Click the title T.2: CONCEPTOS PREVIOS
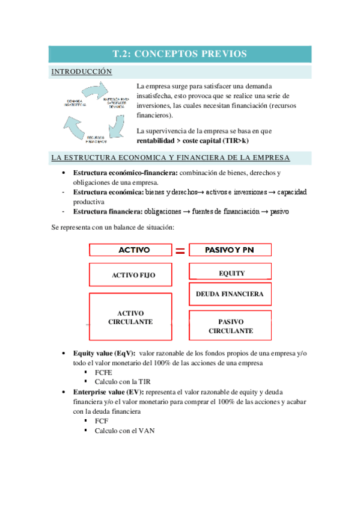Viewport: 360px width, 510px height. coord(180,54)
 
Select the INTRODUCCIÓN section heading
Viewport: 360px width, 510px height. coord(82,72)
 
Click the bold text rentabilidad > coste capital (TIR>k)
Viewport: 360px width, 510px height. coord(192,141)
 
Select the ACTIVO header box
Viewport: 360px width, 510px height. coord(130,250)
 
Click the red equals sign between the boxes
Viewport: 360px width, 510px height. coord(180,251)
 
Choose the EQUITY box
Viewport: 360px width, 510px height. coord(231,273)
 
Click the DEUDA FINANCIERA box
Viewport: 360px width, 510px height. coord(230,294)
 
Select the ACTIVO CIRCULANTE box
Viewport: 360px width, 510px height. coord(130,318)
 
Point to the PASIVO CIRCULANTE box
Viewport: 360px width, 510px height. coord(230,326)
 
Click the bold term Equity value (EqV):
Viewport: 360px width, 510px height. coord(104,354)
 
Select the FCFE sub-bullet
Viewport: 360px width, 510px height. coord(103,373)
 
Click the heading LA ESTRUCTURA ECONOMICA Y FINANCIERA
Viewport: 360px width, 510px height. coord(171,158)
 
